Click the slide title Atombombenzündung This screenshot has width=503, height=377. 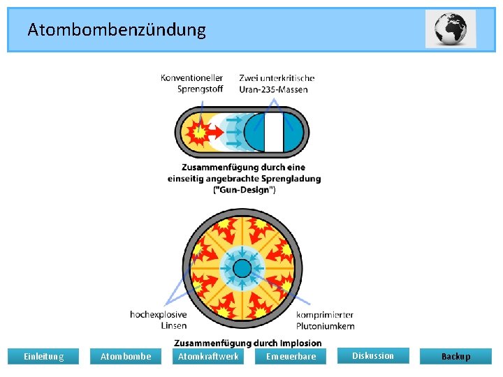tap(117, 29)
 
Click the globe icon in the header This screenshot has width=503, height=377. tap(451, 29)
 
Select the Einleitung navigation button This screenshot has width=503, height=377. tap(43, 357)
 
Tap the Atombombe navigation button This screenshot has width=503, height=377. tap(126, 357)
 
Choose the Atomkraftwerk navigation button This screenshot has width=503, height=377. tap(208, 357)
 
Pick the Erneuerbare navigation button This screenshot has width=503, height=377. tap(291, 357)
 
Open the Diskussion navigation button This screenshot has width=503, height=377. tap(372, 356)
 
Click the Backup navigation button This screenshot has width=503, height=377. tap(455, 357)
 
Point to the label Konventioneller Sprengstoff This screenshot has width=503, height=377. tap(192, 83)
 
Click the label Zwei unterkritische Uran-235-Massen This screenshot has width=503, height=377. tap(276, 83)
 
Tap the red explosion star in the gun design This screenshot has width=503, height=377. tap(200, 131)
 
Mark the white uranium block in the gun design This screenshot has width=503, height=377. tap(273, 131)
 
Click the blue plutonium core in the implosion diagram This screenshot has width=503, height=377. tap(242, 269)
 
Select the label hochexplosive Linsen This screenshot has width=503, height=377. tap(159, 320)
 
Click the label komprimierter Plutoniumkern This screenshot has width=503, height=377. tap(325, 320)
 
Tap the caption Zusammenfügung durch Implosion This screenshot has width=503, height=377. tap(247, 343)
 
